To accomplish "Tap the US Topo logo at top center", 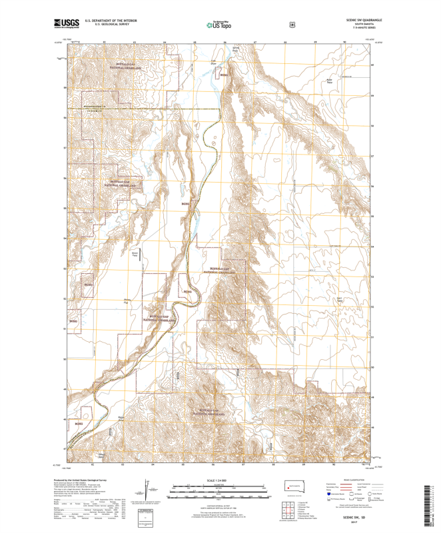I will click(220, 25).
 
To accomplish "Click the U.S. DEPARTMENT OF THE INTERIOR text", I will click(110, 21).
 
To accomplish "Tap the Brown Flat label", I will click(135, 253).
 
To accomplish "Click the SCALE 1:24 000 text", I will click(220, 480).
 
